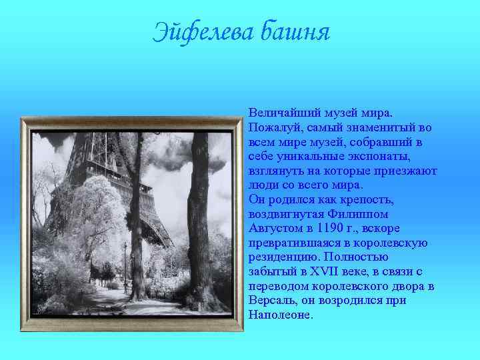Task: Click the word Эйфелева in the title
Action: (204, 31)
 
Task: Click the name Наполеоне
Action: (280, 314)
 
